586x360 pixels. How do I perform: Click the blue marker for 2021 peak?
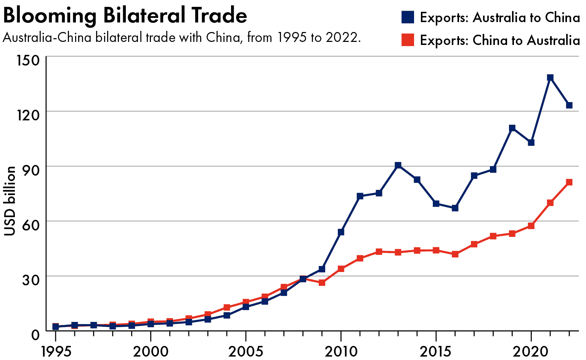tap(550, 78)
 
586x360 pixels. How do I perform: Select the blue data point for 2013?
tap(398, 165)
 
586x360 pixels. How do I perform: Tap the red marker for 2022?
tap(569, 182)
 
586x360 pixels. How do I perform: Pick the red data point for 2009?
tap(322, 283)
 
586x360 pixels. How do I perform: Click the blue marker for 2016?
tap(455, 208)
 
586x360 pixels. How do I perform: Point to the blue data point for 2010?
tap(341, 232)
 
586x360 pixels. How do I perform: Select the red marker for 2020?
tap(531, 226)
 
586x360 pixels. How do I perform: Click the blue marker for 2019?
tap(512, 128)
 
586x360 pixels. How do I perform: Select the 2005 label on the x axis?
tap(246, 351)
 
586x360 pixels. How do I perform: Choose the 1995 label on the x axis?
tap(56, 351)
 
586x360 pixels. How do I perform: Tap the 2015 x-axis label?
tap(436, 351)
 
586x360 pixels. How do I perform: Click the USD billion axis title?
tap(10, 201)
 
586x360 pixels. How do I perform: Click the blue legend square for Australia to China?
tap(408, 18)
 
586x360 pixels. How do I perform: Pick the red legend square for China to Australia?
tap(408, 40)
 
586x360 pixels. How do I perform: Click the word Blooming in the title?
tap(50, 16)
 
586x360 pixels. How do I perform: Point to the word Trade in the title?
tap(219, 16)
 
